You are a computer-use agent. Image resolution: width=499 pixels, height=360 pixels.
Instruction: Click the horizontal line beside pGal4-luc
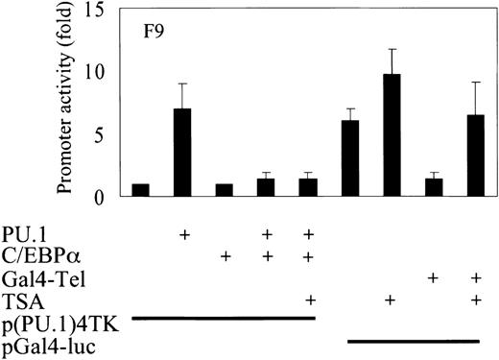point(413,339)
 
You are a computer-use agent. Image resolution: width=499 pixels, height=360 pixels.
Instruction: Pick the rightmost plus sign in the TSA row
point(476,300)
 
